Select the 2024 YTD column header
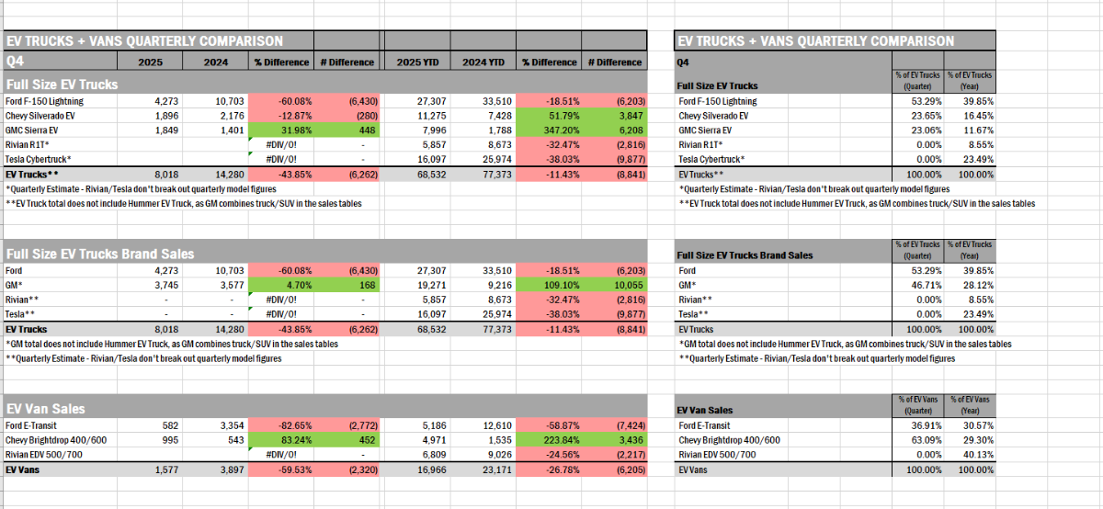[x=483, y=62]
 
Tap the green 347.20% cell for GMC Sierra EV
[x=549, y=130]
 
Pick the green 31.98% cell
[x=280, y=130]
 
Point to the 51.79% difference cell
[x=549, y=116]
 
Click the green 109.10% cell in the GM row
[x=549, y=285]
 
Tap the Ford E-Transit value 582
[x=172, y=425]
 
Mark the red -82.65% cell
[x=280, y=425]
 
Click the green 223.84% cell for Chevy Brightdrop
[x=549, y=440]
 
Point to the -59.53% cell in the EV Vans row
[x=280, y=469]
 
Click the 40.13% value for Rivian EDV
[x=974, y=455]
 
